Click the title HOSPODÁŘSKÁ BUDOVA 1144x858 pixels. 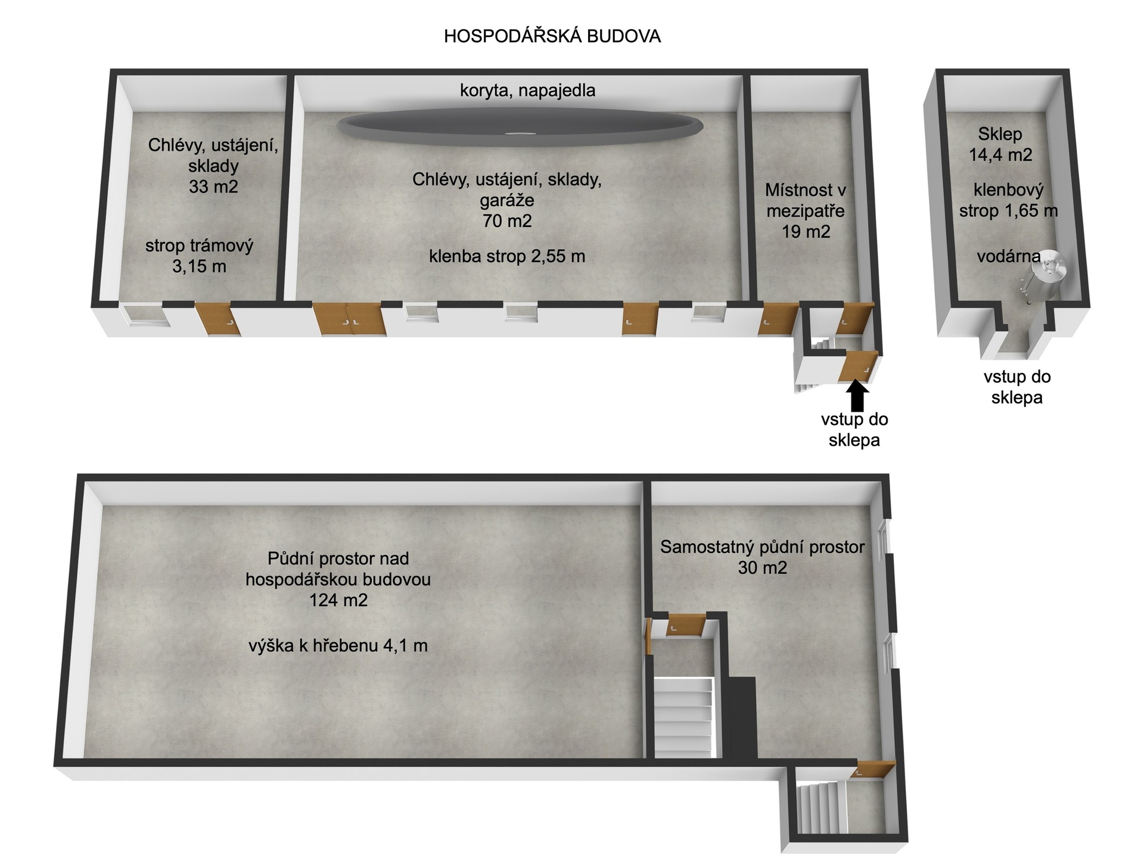click(x=552, y=36)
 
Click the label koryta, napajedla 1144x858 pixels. click(x=527, y=91)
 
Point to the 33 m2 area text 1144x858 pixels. click(x=213, y=186)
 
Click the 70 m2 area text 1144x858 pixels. click(x=507, y=221)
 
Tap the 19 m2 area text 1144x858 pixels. click(x=806, y=231)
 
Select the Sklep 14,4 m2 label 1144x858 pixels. click(x=1000, y=145)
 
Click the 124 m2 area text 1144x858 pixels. click(x=338, y=600)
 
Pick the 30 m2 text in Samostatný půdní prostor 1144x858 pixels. click(x=762, y=567)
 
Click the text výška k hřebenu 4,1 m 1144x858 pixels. click(x=338, y=645)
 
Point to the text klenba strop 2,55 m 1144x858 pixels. click(x=507, y=256)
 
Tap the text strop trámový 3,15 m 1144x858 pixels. click(x=199, y=256)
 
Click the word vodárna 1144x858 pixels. click(x=1008, y=257)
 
